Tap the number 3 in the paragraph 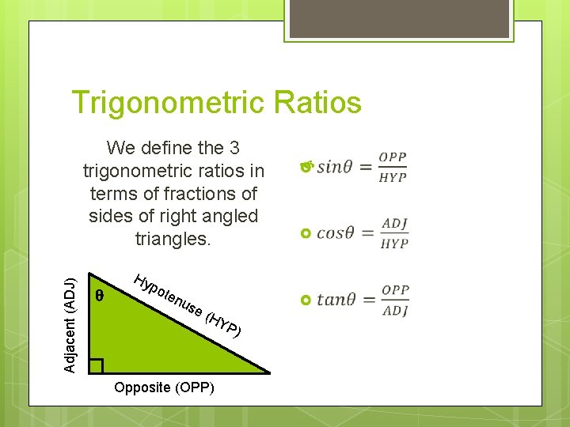(x=234, y=148)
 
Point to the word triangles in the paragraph (x=173, y=239)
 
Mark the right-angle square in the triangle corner (x=96, y=365)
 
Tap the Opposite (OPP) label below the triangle (x=164, y=388)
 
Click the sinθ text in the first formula (x=336, y=168)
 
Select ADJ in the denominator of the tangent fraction (x=394, y=312)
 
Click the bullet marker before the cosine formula (x=307, y=234)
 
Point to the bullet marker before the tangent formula (x=307, y=301)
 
